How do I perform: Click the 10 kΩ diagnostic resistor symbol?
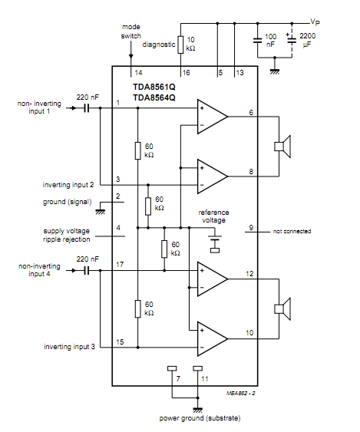[x=180, y=45]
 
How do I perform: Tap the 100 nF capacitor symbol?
[x=257, y=41]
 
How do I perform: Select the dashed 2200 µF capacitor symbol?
[x=292, y=40]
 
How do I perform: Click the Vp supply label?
[x=315, y=21]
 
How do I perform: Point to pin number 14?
[x=138, y=73]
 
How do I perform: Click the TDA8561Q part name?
[x=154, y=87]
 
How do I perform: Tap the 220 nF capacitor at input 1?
[x=87, y=108]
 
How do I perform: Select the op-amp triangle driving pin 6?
[x=213, y=117]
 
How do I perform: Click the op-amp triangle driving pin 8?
[x=213, y=176]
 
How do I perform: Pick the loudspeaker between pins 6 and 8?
[x=282, y=147]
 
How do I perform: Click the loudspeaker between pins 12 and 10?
[x=282, y=309]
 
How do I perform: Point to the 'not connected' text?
[x=292, y=232]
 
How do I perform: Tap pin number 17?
[x=120, y=265]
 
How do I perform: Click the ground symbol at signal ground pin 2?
[x=100, y=212]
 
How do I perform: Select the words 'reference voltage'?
[x=213, y=216]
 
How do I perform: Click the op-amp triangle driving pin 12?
[x=213, y=279]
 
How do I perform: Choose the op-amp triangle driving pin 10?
[x=213, y=339]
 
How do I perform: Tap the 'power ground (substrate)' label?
[x=200, y=418]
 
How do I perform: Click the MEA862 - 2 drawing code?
[x=241, y=394]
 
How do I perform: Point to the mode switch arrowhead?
[x=131, y=57]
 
